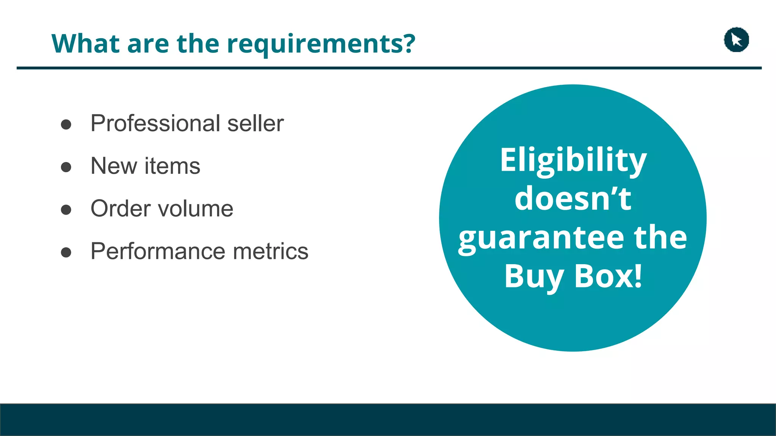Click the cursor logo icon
[736, 40]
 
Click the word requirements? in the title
[321, 44]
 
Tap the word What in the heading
[86, 44]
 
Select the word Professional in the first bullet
[155, 123]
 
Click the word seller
[255, 123]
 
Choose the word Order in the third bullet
[120, 209]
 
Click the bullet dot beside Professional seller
[66, 125]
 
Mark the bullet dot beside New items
[66, 167]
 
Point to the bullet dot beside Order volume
[66, 210]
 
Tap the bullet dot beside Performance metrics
[66, 252]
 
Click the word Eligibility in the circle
[573, 160]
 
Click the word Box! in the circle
[609, 276]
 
